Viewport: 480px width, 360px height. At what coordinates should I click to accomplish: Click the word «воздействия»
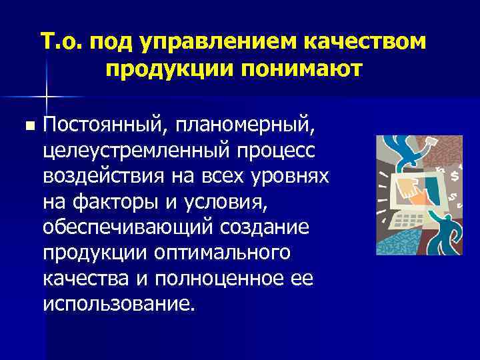(x=97, y=175)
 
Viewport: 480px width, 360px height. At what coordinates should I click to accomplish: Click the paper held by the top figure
(x=431, y=142)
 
